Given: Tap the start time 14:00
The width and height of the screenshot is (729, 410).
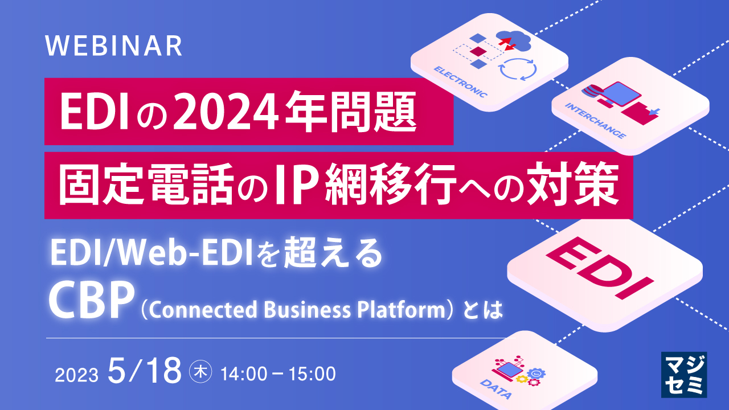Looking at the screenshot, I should click(x=243, y=374).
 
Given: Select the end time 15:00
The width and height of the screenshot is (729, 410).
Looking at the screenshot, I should click(x=310, y=374).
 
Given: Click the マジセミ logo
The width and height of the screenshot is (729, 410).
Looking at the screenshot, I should click(x=684, y=374).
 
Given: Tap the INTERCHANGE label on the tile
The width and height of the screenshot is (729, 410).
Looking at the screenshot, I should click(x=595, y=121).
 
